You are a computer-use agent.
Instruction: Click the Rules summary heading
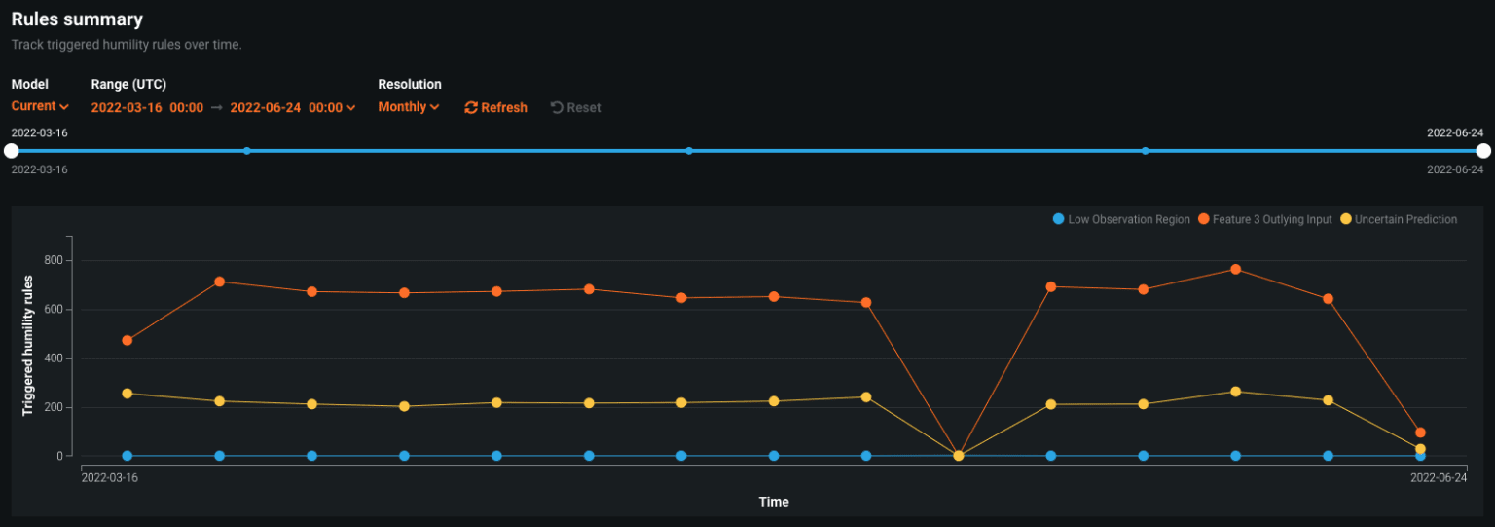point(77,19)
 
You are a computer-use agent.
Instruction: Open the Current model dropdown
point(40,106)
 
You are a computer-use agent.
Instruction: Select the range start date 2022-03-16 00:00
point(147,107)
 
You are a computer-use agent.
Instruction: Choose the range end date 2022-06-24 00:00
point(292,107)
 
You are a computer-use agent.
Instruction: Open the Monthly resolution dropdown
point(409,107)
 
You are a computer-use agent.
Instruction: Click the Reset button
point(575,107)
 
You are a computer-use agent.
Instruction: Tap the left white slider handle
point(12,151)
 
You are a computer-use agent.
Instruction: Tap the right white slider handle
point(1483,151)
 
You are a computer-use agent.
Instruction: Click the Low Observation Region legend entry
point(1121,219)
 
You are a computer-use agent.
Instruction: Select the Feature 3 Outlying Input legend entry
point(1265,219)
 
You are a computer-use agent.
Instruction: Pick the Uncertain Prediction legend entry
point(1399,219)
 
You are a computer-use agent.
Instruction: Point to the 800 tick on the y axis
point(53,260)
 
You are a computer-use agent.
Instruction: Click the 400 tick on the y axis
point(53,358)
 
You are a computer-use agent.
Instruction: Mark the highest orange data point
point(1236,269)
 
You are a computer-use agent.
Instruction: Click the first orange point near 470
point(128,340)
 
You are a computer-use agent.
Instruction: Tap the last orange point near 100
point(1420,433)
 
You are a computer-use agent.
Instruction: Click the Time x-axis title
point(774,502)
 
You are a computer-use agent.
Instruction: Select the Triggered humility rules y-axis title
point(28,346)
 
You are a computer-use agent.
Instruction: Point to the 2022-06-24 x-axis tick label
point(1439,478)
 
